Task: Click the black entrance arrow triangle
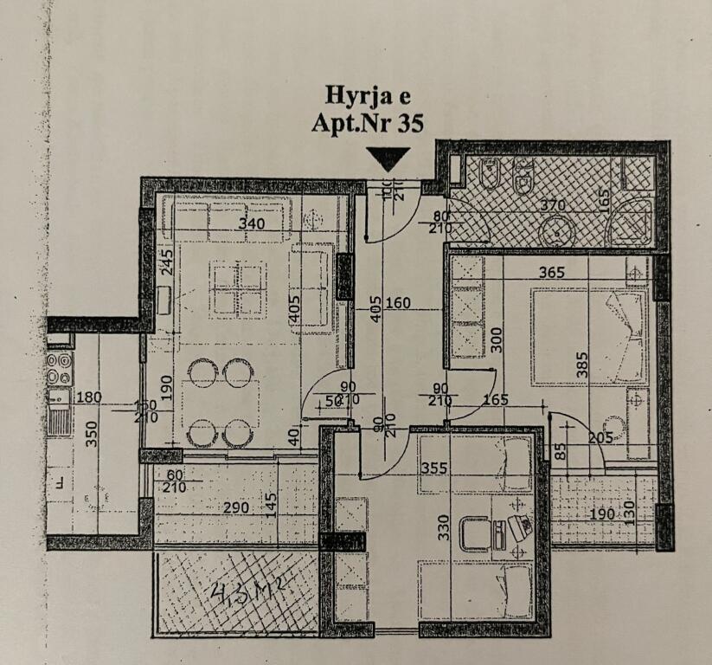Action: click(387, 158)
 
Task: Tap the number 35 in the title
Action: click(409, 123)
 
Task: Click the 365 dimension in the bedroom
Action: click(550, 272)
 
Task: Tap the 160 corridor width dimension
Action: click(400, 304)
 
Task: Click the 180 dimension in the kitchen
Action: click(89, 397)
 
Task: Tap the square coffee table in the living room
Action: click(237, 289)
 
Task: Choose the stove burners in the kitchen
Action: click(59, 368)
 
